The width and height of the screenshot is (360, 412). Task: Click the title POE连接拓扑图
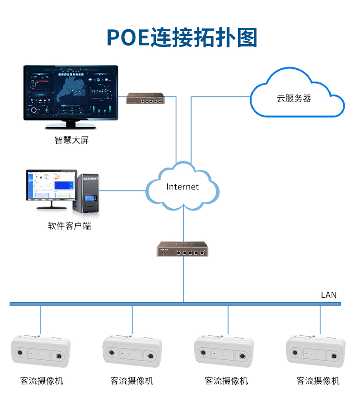tap(181, 37)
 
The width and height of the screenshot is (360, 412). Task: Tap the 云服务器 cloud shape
tap(296, 95)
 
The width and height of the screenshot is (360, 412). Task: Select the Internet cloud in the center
tap(182, 187)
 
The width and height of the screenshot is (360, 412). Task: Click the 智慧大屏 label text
tap(72, 141)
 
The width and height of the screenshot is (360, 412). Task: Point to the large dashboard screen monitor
tap(71, 93)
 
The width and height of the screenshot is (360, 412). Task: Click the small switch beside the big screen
tap(145, 99)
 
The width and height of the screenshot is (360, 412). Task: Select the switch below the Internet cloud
tap(182, 250)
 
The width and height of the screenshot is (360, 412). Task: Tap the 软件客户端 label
tap(69, 226)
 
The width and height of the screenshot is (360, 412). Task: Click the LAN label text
tap(329, 295)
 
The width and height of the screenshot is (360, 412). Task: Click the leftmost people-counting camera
tap(40, 352)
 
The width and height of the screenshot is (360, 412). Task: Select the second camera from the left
tap(132, 352)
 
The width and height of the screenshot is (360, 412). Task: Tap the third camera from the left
tap(224, 352)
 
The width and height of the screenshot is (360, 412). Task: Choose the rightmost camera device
tap(315, 352)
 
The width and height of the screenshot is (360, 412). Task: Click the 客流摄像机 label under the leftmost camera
tap(42, 381)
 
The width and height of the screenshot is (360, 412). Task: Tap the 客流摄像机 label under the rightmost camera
tap(318, 381)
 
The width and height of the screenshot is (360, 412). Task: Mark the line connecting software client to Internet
tap(123, 190)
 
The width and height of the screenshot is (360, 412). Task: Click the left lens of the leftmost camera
tap(20, 354)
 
